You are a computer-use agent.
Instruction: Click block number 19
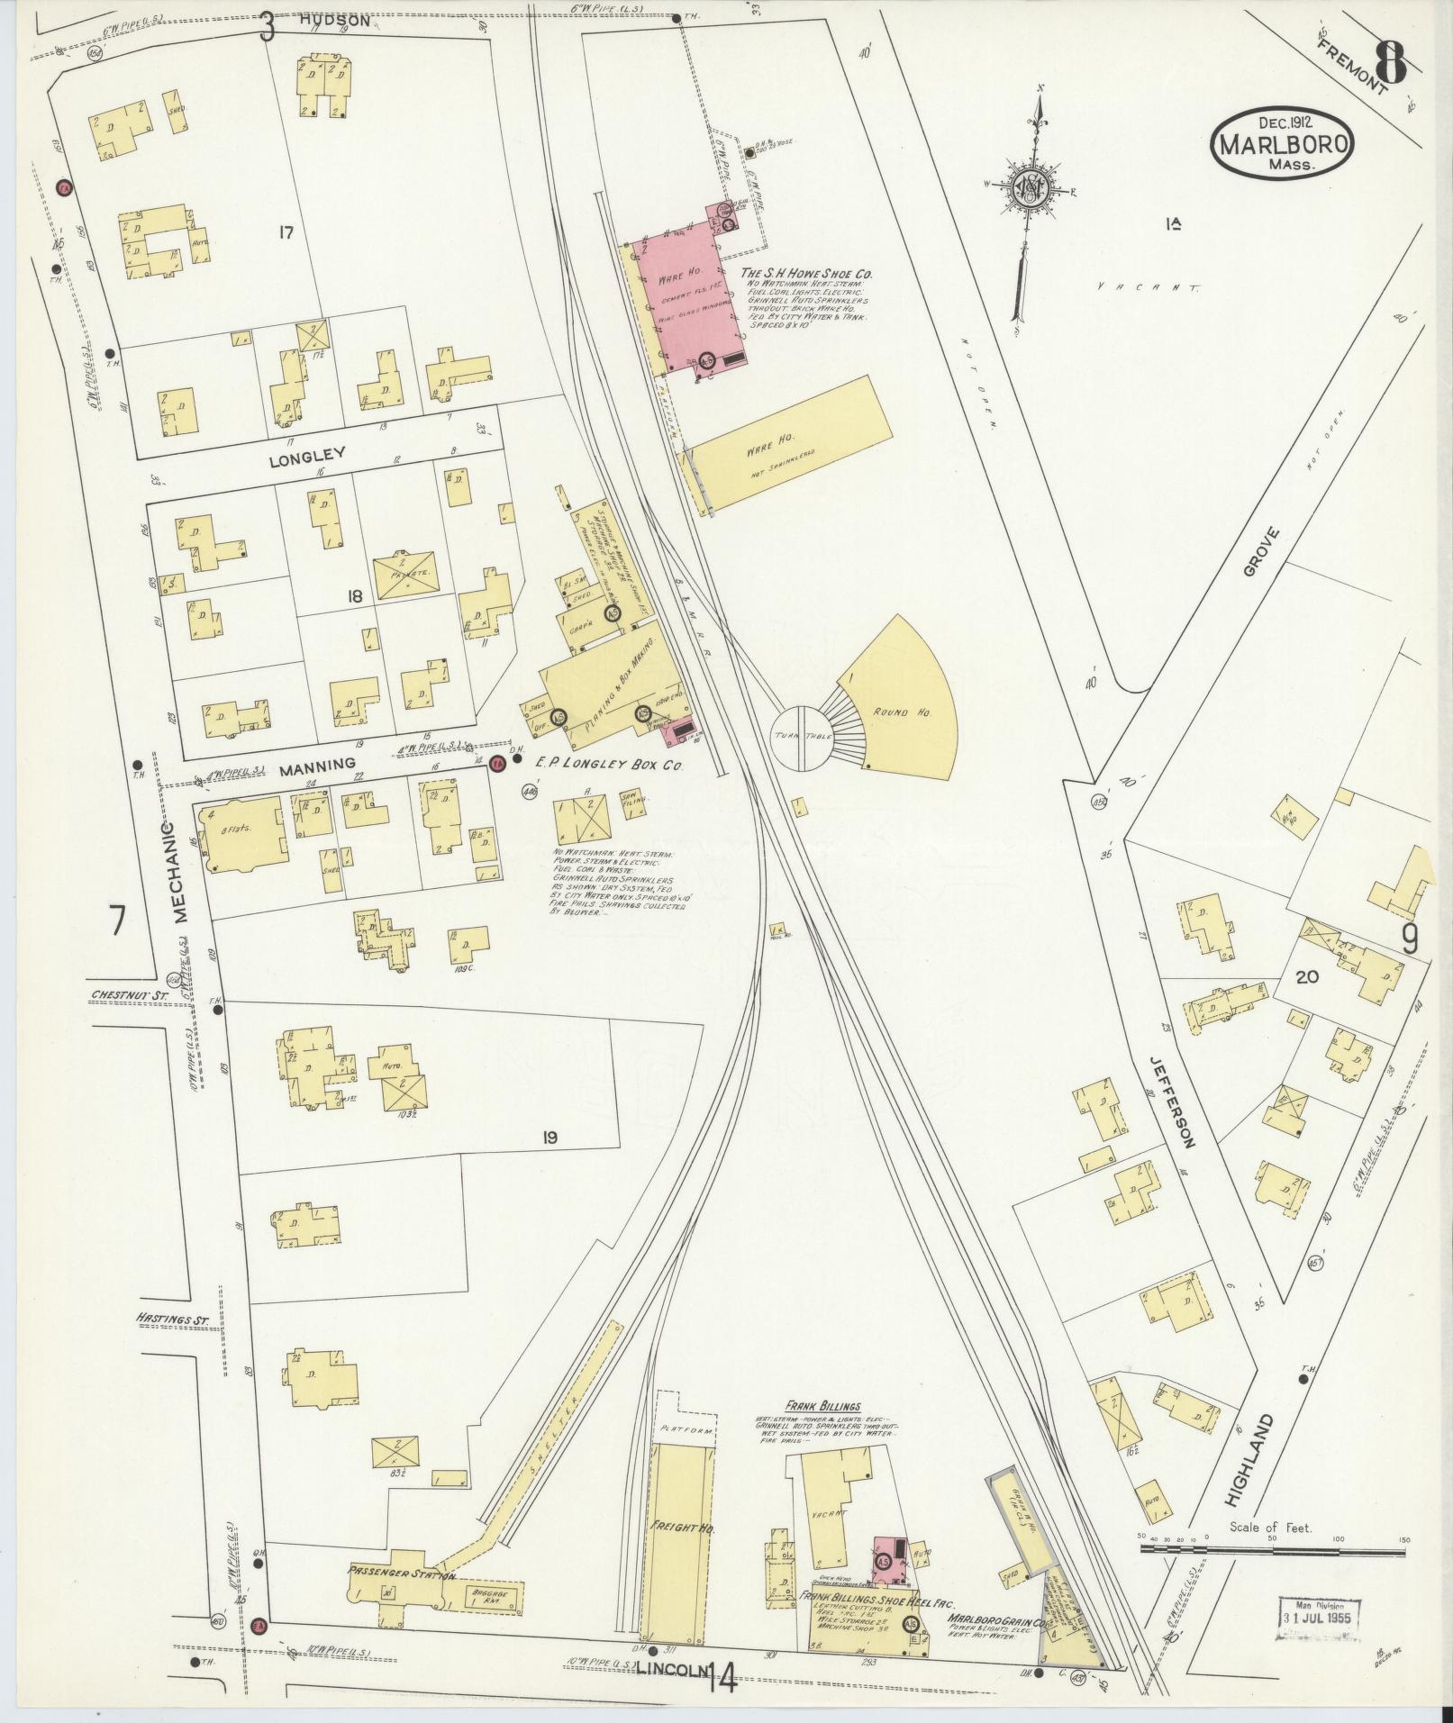[x=549, y=1138]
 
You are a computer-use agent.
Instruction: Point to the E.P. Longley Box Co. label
[x=611, y=765]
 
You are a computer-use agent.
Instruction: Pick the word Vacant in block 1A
[x=1148, y=287]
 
